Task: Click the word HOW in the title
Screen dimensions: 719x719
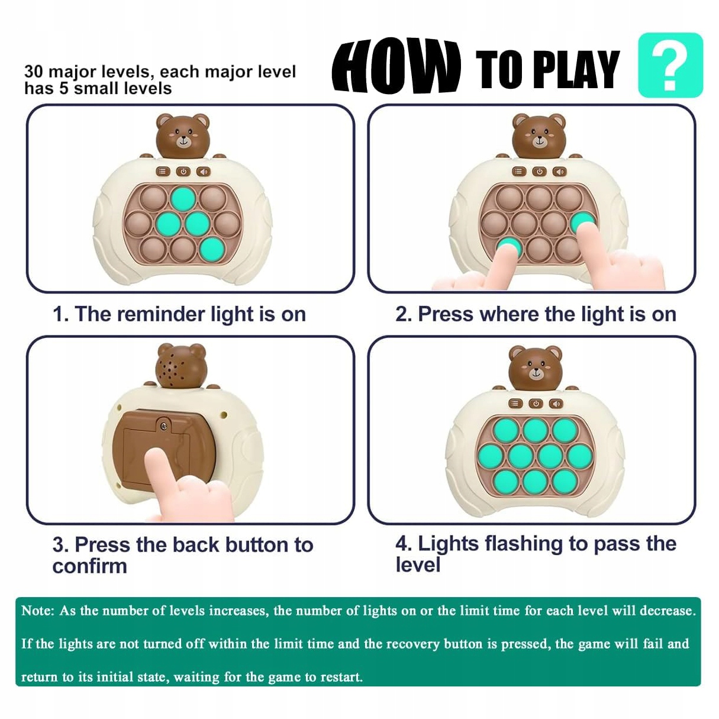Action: tap(396, 66)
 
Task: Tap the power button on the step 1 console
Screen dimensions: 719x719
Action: tap(183, 172)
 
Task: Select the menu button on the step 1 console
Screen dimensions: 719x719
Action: tap(163, 172)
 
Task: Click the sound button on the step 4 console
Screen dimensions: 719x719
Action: tap(556, 404)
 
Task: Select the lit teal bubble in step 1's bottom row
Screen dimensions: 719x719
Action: tap(212, 249)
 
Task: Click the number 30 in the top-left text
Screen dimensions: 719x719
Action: tap(34, 72)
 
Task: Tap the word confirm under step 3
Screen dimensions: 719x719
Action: tap(89, 566)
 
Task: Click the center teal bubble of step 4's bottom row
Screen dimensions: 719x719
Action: tap(535, 482)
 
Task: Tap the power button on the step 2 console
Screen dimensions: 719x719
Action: tap(539, 172)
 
